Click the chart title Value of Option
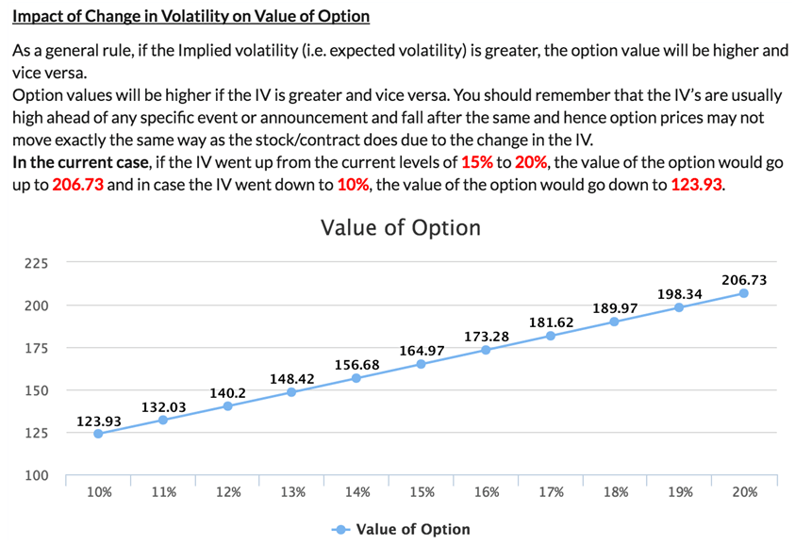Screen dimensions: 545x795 click(x=400, y=228)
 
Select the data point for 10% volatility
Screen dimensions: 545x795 click(x=98, y=434)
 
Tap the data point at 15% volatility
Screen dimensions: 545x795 click(x=421, y=364)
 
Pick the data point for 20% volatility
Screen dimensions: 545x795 click(x=743, y=293)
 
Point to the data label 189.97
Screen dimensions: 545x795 click(x=615, y=308)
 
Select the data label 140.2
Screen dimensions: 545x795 click(x=228, y=392)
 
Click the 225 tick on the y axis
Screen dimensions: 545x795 click(x=37, y=263)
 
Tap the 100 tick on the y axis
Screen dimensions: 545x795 click(x=37, y=475)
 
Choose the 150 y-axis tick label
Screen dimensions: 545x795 click(x=37, y=390)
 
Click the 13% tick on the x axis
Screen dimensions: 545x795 click(x=292, y=492)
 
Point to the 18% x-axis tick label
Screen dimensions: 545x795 click(x=615, y=492)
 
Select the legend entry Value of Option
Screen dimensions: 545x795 click(x=412, y=529)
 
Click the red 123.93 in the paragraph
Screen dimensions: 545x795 click(x=697, y=184)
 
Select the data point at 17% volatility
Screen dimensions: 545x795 click(x=550, y=336)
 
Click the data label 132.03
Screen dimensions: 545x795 click(x=163, y=406)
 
